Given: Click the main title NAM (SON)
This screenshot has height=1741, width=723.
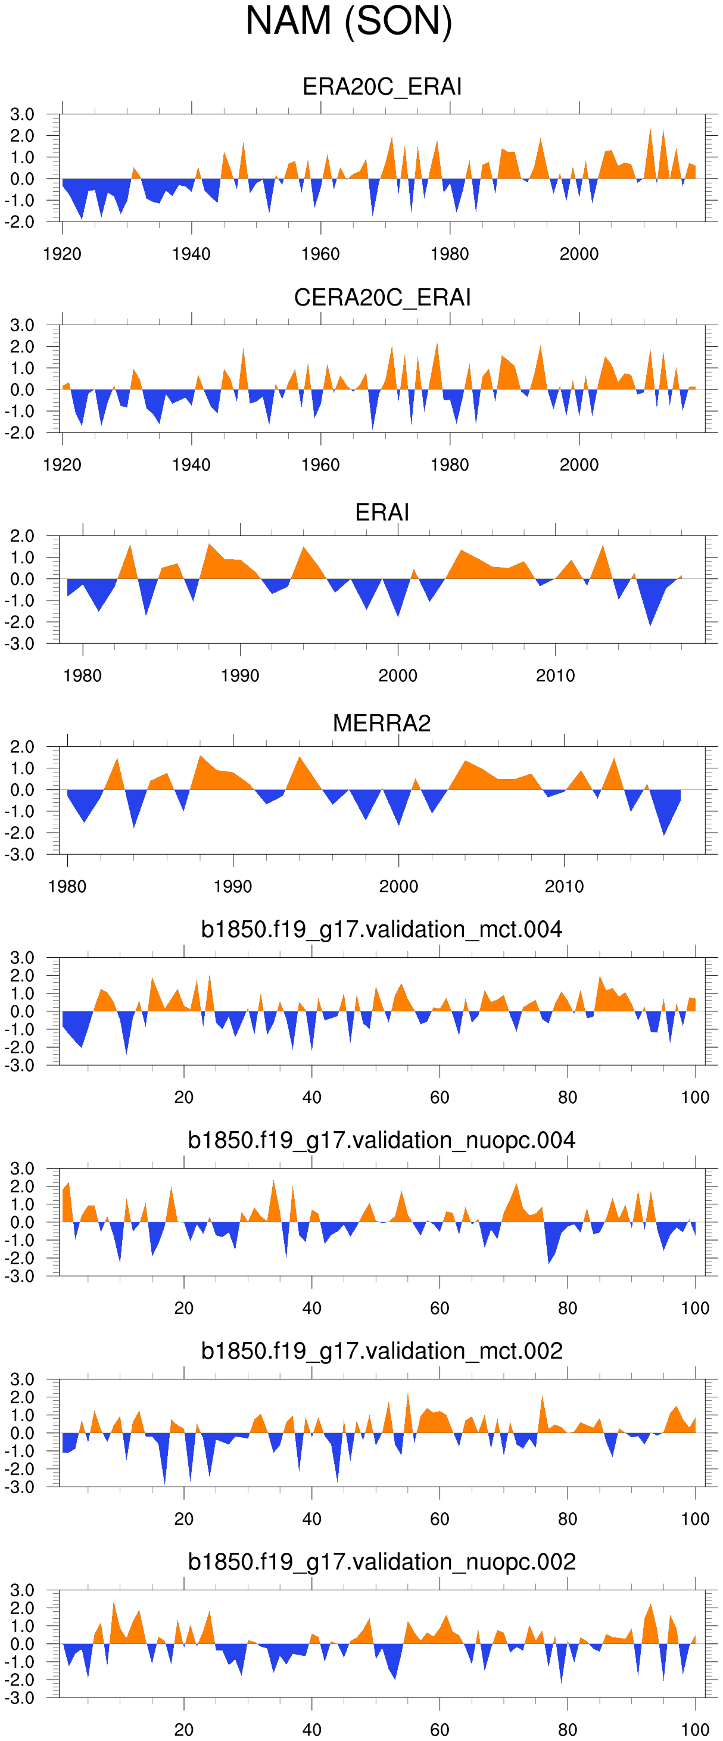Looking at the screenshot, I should pyautogui.click(x=348, y=21).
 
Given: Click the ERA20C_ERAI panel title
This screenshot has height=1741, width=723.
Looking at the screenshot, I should pyautogui.click(x=382, y=86).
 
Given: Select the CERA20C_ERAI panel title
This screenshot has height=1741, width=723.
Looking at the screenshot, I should pyautogui.click(x=382, y=297).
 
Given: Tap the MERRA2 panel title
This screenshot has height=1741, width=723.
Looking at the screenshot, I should pyautogui.click(x=382, y=723).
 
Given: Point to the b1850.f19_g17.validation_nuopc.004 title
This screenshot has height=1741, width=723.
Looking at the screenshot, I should pyautogui.click(x=382, y=1140).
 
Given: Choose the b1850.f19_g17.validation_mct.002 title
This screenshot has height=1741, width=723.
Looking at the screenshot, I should pyautogui.click(x=382, y=1351).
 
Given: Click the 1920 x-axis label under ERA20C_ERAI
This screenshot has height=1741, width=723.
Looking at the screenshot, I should pyautogui.click(x=62, y=254).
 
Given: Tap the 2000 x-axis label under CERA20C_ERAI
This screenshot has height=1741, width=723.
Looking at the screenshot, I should pyautogui.click(x=579, y=465).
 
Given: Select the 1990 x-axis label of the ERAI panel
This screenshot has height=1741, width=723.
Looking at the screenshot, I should pyautogui.click(x=240, y=676).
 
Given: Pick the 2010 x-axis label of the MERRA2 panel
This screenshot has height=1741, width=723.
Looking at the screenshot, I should pyautogui.click(x=564, y=887).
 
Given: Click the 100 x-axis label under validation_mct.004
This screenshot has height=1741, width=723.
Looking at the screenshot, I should pyautogui.click(x=695, y=1098).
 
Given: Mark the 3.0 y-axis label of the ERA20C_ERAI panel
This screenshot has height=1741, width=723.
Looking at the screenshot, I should pyautogui.click(x=22, y=114).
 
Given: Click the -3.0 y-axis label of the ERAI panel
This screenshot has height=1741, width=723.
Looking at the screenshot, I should pyautogui.click(x=20, y=644).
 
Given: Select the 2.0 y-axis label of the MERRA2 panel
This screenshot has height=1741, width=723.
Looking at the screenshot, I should pyautogui.click(x=22, y=747).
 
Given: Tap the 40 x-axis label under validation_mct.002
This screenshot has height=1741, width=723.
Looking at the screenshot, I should pyautogui.click(x=311, y=1519).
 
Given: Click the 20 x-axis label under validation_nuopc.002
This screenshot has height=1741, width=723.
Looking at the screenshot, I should pyautogui.click(x=184, y=1730).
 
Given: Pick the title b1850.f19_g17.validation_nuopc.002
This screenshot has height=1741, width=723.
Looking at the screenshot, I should pyautogui.click(x=382, y=1562).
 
